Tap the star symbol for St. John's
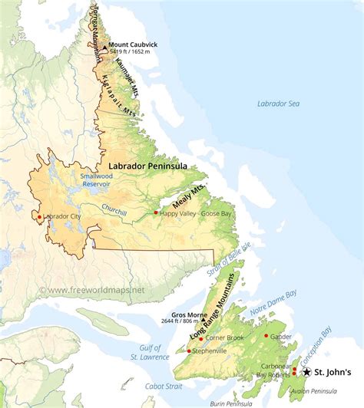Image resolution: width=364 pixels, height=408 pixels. [307, 372]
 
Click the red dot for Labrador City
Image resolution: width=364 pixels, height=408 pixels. [39, 217]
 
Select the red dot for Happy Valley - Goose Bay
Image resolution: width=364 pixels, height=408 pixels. [156, 212]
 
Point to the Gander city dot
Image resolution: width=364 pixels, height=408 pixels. [266, 335]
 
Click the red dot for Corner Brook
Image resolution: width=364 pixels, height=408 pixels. [201, 338]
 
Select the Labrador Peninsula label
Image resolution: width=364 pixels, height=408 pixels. [147, 166]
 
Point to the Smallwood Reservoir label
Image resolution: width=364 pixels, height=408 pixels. [100, 179]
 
